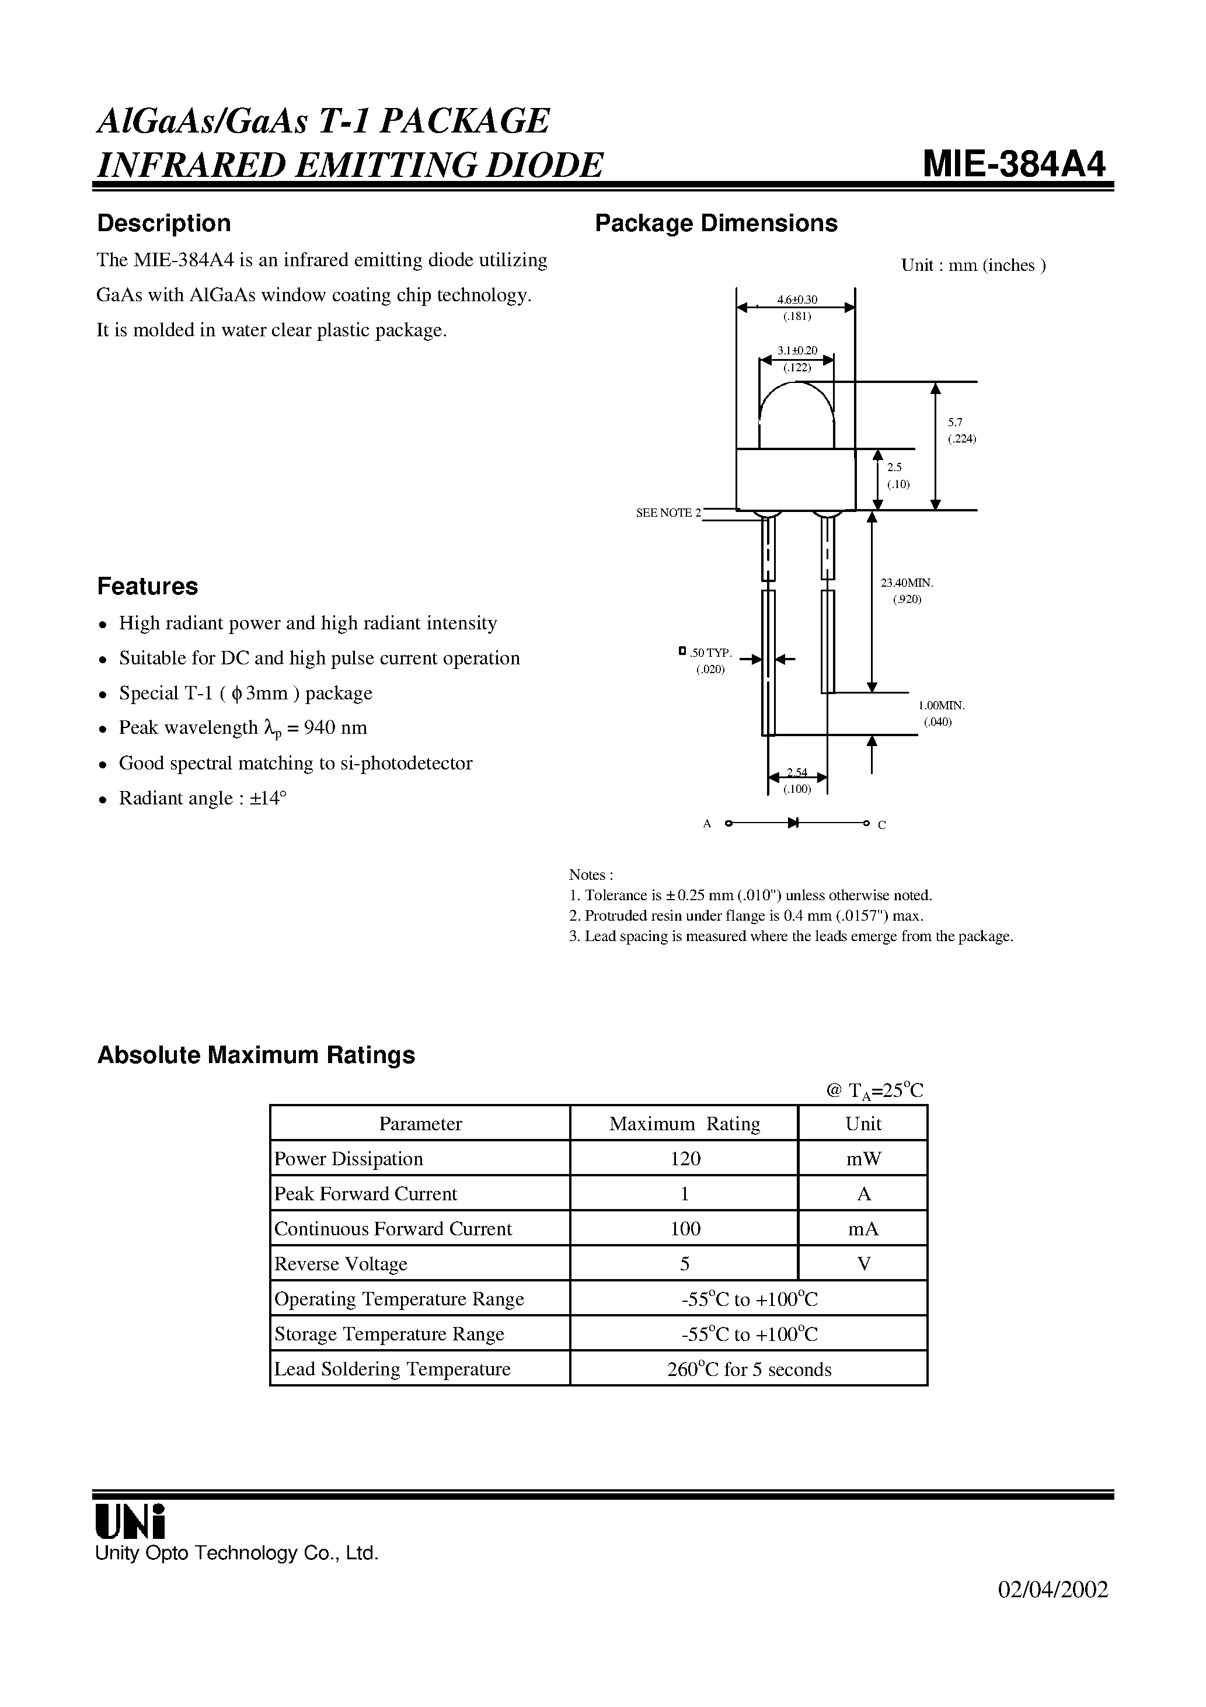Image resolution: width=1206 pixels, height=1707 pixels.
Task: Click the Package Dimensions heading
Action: (716, 223)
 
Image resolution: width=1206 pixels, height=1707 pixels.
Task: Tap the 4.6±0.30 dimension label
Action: (797, 299)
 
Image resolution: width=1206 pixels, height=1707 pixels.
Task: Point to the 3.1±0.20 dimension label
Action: (797, 350)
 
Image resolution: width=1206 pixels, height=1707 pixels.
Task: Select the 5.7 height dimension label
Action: (956, 422)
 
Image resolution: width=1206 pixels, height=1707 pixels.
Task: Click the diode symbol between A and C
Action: (793, 823)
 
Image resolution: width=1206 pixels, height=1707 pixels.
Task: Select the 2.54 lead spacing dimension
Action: (797, 773)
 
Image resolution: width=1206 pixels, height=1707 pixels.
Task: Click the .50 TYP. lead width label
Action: (710, 653)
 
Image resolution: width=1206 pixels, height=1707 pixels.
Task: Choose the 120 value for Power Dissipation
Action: (685, 1159)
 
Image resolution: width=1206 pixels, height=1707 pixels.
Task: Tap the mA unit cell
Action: (863, 1229)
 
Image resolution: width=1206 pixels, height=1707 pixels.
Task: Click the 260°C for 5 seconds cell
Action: (749, 1370)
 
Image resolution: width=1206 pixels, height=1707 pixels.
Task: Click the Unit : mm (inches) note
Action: (973, 266)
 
